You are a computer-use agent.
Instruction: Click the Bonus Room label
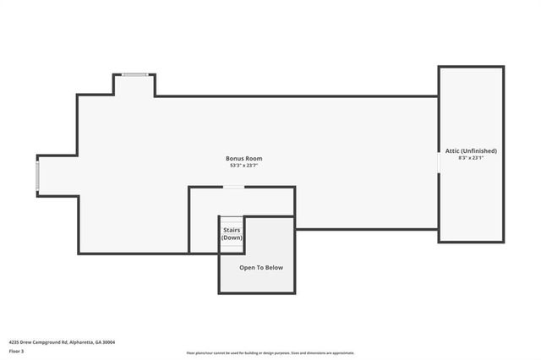243,158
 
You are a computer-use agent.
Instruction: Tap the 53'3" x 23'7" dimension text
243,166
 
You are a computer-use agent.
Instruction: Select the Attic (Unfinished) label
471,150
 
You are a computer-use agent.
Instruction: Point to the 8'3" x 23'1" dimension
471,158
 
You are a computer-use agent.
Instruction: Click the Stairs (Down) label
232,233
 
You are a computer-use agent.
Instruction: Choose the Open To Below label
261,268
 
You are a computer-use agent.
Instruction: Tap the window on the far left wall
37,175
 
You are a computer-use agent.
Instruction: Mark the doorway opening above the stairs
233,187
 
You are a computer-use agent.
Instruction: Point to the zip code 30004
107,342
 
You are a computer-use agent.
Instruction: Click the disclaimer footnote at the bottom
270,353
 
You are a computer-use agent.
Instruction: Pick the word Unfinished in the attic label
479,150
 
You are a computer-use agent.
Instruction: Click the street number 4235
14,342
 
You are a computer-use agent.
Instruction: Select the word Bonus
234,158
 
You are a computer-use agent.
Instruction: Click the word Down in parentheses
232,237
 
